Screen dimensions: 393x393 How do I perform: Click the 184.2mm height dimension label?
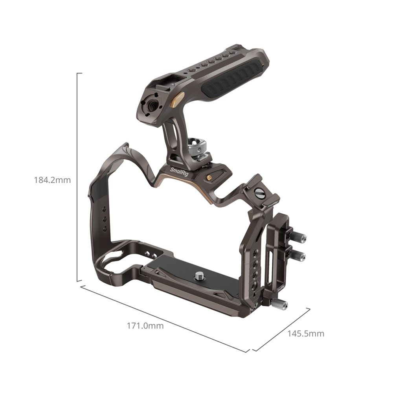tap(52, 180)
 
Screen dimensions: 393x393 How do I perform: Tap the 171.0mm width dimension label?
tap(145, 326)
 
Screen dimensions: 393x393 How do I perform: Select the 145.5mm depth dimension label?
tap(305, 334)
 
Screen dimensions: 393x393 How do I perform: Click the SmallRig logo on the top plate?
tap(179, 172)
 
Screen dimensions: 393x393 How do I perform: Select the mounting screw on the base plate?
tap(200, 276)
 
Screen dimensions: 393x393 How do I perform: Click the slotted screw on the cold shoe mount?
tap(259, 193)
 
